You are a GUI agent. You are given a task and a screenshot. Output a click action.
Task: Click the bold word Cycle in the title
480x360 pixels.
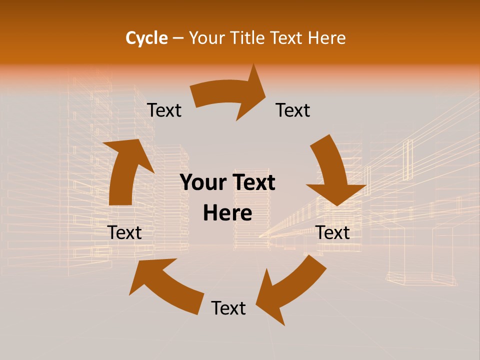tap(146, 38)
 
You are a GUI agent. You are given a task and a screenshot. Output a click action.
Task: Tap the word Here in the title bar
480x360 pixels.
tap(326, 38)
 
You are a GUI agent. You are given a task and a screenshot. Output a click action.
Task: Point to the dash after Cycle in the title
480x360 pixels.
tap(178, 38)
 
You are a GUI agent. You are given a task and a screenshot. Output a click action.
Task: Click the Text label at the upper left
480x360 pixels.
tap(164, 110)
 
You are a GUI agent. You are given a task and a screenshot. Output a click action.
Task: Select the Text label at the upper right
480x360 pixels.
tap(293, 110)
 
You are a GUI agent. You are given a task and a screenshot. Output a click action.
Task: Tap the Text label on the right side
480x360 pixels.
tap(333, 232)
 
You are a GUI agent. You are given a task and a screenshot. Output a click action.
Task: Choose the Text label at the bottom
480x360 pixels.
tap(228, 308)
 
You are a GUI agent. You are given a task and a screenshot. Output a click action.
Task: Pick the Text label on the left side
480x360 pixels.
tap(124, 232)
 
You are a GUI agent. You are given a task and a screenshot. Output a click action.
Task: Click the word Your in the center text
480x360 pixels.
tap(202, 183)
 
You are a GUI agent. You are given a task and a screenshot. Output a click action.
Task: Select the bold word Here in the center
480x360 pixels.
tap(227, 213)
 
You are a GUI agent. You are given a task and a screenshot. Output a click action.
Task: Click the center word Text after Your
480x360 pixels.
tap(252, 183)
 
